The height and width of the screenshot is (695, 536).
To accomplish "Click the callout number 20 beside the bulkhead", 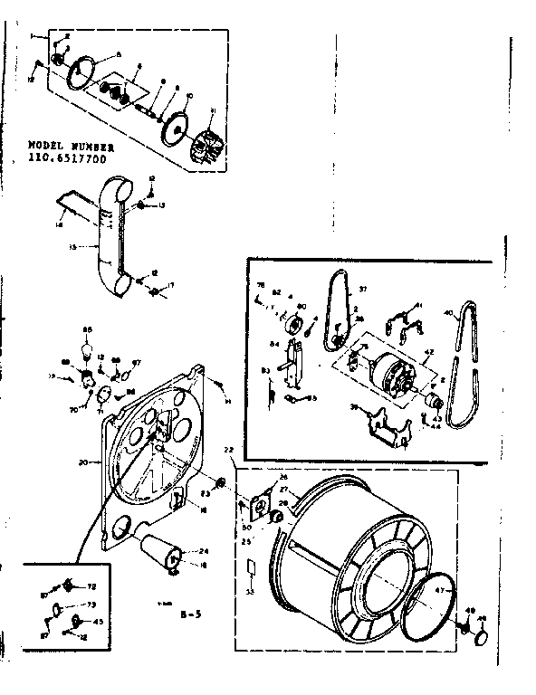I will [x=82, y=462].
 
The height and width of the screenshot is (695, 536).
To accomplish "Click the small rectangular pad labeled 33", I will [x=251, y=568].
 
